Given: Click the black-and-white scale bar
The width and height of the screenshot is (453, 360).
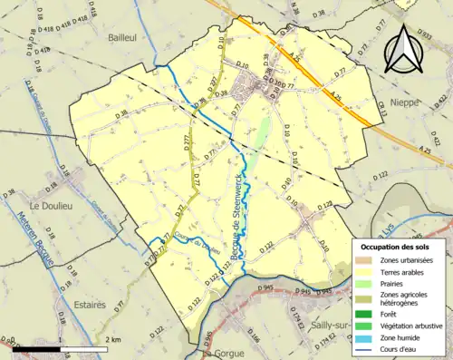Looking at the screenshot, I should [58, 349].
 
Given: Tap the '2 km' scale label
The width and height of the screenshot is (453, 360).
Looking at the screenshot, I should [112, 339].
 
